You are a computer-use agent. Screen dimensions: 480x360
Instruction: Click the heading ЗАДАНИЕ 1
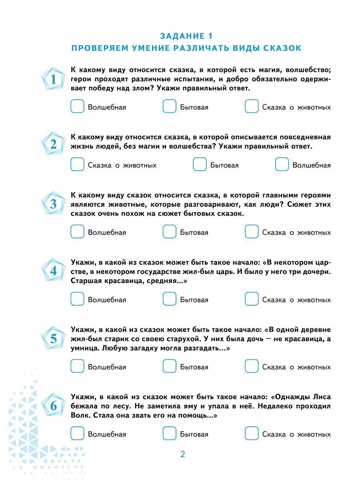pos(186,36)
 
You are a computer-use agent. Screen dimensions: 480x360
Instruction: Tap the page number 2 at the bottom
pos(182,454)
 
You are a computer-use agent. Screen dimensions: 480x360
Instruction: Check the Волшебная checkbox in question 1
pos(77,107)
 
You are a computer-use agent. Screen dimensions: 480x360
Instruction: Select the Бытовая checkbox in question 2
pos(200,165)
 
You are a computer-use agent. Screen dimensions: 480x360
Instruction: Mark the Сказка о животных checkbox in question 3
pos(252,232)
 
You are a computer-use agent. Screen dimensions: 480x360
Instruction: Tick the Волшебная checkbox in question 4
pos(77,299)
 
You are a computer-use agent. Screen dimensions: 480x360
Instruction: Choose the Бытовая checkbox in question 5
pos(169,366)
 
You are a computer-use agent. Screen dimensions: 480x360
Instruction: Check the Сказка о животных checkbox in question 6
pos(252,434)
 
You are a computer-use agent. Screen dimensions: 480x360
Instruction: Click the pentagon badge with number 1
pos(54,79)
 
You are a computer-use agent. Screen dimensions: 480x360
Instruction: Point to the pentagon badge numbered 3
pos(54,204)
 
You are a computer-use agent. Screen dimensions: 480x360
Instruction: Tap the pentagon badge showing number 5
pos(54,339)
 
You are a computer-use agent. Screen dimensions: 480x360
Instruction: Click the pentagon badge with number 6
pos(54,406)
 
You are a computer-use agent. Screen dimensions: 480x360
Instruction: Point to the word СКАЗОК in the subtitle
pos(282,48)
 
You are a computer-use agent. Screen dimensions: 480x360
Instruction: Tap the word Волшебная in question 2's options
pos(312,165)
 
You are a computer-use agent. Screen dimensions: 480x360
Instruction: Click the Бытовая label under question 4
pos(194,300)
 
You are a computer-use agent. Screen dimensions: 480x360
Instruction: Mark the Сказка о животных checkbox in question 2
pos(77,165)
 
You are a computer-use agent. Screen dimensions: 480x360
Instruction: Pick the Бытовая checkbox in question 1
pos(169,107)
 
